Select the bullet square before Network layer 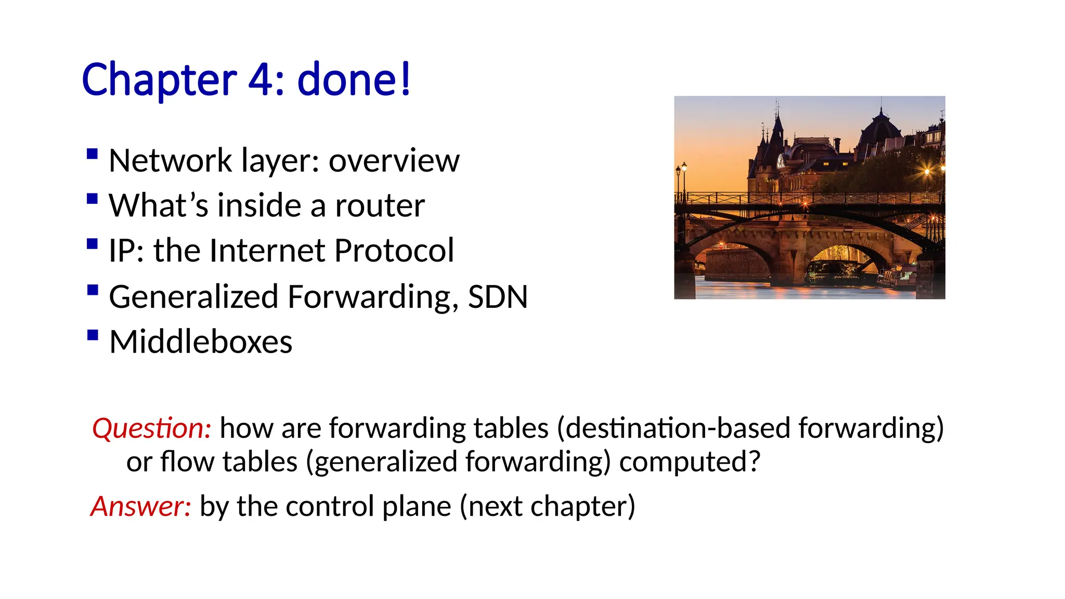(x=93, y=153)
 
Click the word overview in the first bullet (x=394, y=161)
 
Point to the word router (x=380, y=206)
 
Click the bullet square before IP (x=93, y=244)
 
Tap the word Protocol (x=394, y=251)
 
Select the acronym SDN (x=498, y=297)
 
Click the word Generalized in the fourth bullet (x=193, y=297)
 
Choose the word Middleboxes (x=201, y=342)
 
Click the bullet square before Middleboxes (x=93, y=335)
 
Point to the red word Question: (x=151, y=428)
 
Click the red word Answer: (x=141, y=506)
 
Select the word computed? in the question (x=690, y=462)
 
